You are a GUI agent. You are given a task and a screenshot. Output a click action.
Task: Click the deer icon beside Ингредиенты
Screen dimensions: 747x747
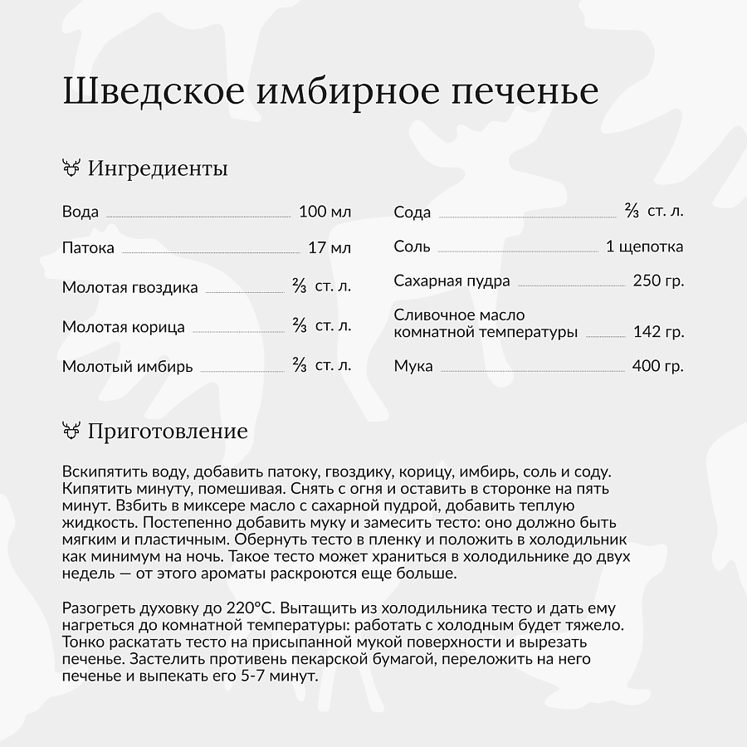pyautogui.click(x=71, y=168)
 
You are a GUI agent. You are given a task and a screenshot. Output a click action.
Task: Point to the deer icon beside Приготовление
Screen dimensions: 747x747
pyautogui.click(x=71, y=431)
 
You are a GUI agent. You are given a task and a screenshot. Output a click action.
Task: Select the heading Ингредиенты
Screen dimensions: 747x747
pyautogui.click(x=158, y=168)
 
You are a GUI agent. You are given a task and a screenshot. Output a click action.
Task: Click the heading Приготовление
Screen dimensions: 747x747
pyautogui.click(x=168, y=432)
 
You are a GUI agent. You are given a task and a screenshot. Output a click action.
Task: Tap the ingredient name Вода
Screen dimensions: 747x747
pyautogui.click(x=81, y=212)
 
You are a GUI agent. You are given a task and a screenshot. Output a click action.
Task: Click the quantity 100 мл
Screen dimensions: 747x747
pyautogui.click(x=325, y=212)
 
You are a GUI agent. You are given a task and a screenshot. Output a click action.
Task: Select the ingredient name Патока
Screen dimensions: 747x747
pyautogui.click(x=88, y=247)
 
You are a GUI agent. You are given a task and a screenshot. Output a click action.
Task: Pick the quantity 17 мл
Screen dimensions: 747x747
pyautogui.click(x=330, y=247)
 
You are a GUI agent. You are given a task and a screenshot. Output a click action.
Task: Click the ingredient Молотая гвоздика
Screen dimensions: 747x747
pyautogui.click(x=130, y=288)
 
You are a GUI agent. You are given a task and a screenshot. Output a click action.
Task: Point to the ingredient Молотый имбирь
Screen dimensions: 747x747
pyautogui.click(x=127, y=366)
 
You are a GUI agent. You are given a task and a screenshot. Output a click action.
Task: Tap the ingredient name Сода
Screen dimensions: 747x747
pyautogui.click(x=413, y=212)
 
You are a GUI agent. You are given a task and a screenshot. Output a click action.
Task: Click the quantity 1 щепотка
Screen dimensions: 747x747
pyautogui.click(x=645, y=247)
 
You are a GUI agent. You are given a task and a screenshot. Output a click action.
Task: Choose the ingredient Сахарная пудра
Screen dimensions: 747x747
pyautogui.click(x=452, y=281)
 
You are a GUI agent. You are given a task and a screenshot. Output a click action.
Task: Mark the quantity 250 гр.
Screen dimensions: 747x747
pyautogui.click(x=658, y=281)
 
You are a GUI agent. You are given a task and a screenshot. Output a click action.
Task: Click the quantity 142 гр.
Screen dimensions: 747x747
pyautogui.click(x=658, y=332)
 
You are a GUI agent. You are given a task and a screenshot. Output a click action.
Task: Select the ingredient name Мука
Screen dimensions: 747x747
pyautogui.click(x=413, y=366)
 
